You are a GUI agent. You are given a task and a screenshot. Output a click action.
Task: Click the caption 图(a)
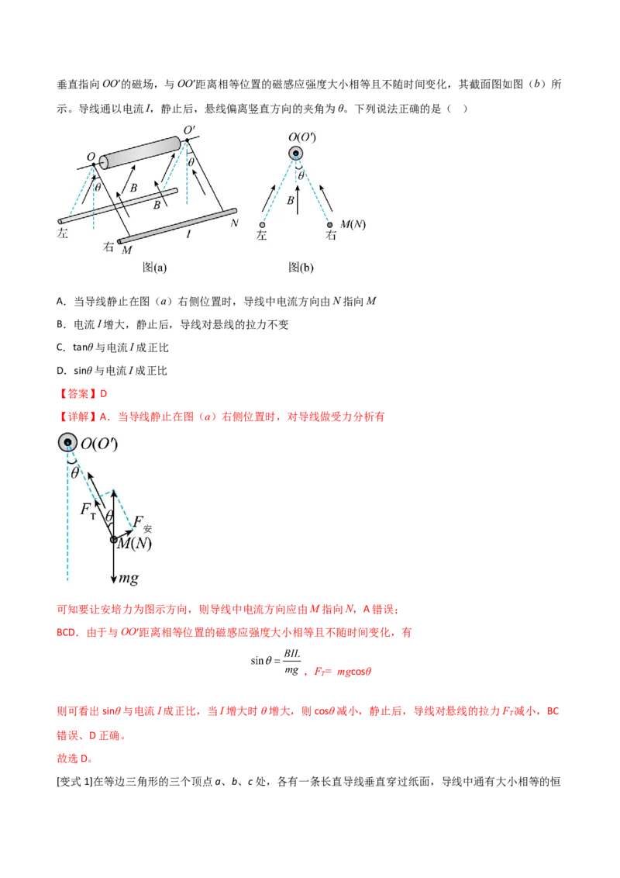(x=154, y=267)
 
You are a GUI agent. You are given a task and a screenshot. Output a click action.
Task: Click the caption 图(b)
(x=301, y=267)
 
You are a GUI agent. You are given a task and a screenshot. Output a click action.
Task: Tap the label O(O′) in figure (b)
(x=302, y=137)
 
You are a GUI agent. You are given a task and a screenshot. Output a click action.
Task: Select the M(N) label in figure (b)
(x=353, y=224)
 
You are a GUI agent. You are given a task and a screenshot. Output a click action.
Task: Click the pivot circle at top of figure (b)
(x=296, y=153)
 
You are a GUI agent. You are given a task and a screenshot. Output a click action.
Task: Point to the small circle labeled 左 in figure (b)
(x=262, y=225)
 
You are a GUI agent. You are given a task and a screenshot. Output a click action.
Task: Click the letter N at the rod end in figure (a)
(x=235, y=223)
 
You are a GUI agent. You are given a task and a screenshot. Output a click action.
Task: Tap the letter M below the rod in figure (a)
(x=126, y=250)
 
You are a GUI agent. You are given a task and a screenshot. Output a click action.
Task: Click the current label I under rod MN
(x=188, y=234)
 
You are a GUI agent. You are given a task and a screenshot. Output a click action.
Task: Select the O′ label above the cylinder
(x=189, y=130)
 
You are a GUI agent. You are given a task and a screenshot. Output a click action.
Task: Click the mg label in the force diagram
(x=128, y=578)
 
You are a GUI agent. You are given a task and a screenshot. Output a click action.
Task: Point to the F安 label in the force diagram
(x=142, y=523)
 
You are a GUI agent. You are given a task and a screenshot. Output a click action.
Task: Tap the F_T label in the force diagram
(x=88, y=510)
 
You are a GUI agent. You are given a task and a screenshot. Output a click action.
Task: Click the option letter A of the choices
(x=60, y=301)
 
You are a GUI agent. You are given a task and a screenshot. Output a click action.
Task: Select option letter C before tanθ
(x=60, y=347)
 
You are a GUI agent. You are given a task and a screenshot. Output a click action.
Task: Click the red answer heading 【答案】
(x=77, y=394)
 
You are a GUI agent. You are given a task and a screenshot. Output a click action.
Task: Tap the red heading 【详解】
(x=77, y=417)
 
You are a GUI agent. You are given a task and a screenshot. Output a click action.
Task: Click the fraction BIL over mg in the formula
(x=291, y=662)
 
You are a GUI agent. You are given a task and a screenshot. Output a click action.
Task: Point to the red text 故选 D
(x=75, y=759)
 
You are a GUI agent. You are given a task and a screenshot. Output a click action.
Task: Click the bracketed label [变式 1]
(x=74, y=781)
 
